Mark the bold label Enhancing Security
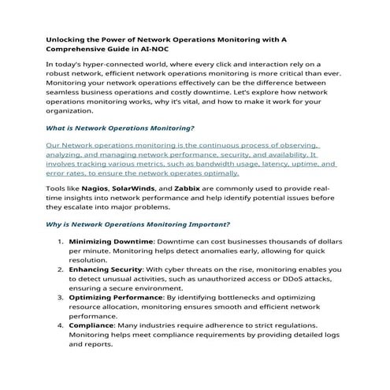tap(106, 269)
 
